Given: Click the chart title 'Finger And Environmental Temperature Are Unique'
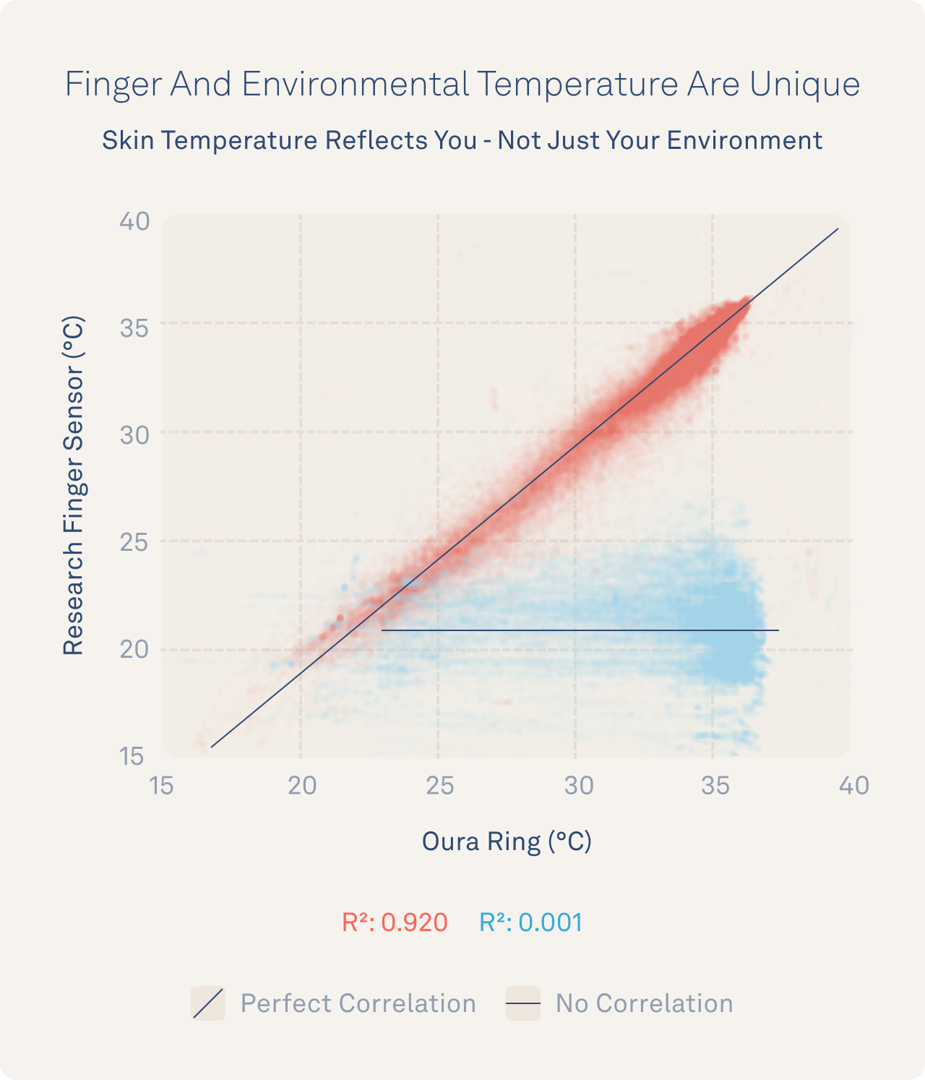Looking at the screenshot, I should coord(462,84).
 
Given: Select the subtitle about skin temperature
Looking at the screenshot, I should coord(462,140).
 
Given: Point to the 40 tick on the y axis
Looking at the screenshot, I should coord(135,221).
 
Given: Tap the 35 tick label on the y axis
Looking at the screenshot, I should coord(134,328).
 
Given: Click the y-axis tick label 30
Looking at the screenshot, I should coord(134,435).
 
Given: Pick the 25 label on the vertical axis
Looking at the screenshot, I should coord(134,542).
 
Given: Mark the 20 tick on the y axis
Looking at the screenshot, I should coord(134,649).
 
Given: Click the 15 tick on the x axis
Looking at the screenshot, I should coord(161,785).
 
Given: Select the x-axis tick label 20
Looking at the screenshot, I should coord(302,785).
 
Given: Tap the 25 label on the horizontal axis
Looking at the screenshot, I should coord(439,785).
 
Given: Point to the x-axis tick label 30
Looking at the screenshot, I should coord(578,785).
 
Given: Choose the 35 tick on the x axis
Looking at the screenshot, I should coord(715,785).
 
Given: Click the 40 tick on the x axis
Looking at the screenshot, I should coord(853,785).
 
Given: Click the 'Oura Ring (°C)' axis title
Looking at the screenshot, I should coord(507,841).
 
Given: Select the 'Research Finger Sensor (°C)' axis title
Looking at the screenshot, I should coord(74,486).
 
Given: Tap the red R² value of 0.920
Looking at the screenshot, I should coord(395,923).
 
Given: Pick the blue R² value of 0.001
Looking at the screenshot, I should coord(531,923).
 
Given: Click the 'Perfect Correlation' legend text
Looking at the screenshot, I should coord(358,1003).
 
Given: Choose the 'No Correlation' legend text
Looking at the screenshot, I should coord(644,1003).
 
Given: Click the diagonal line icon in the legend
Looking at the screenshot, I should coord(208,1003).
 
